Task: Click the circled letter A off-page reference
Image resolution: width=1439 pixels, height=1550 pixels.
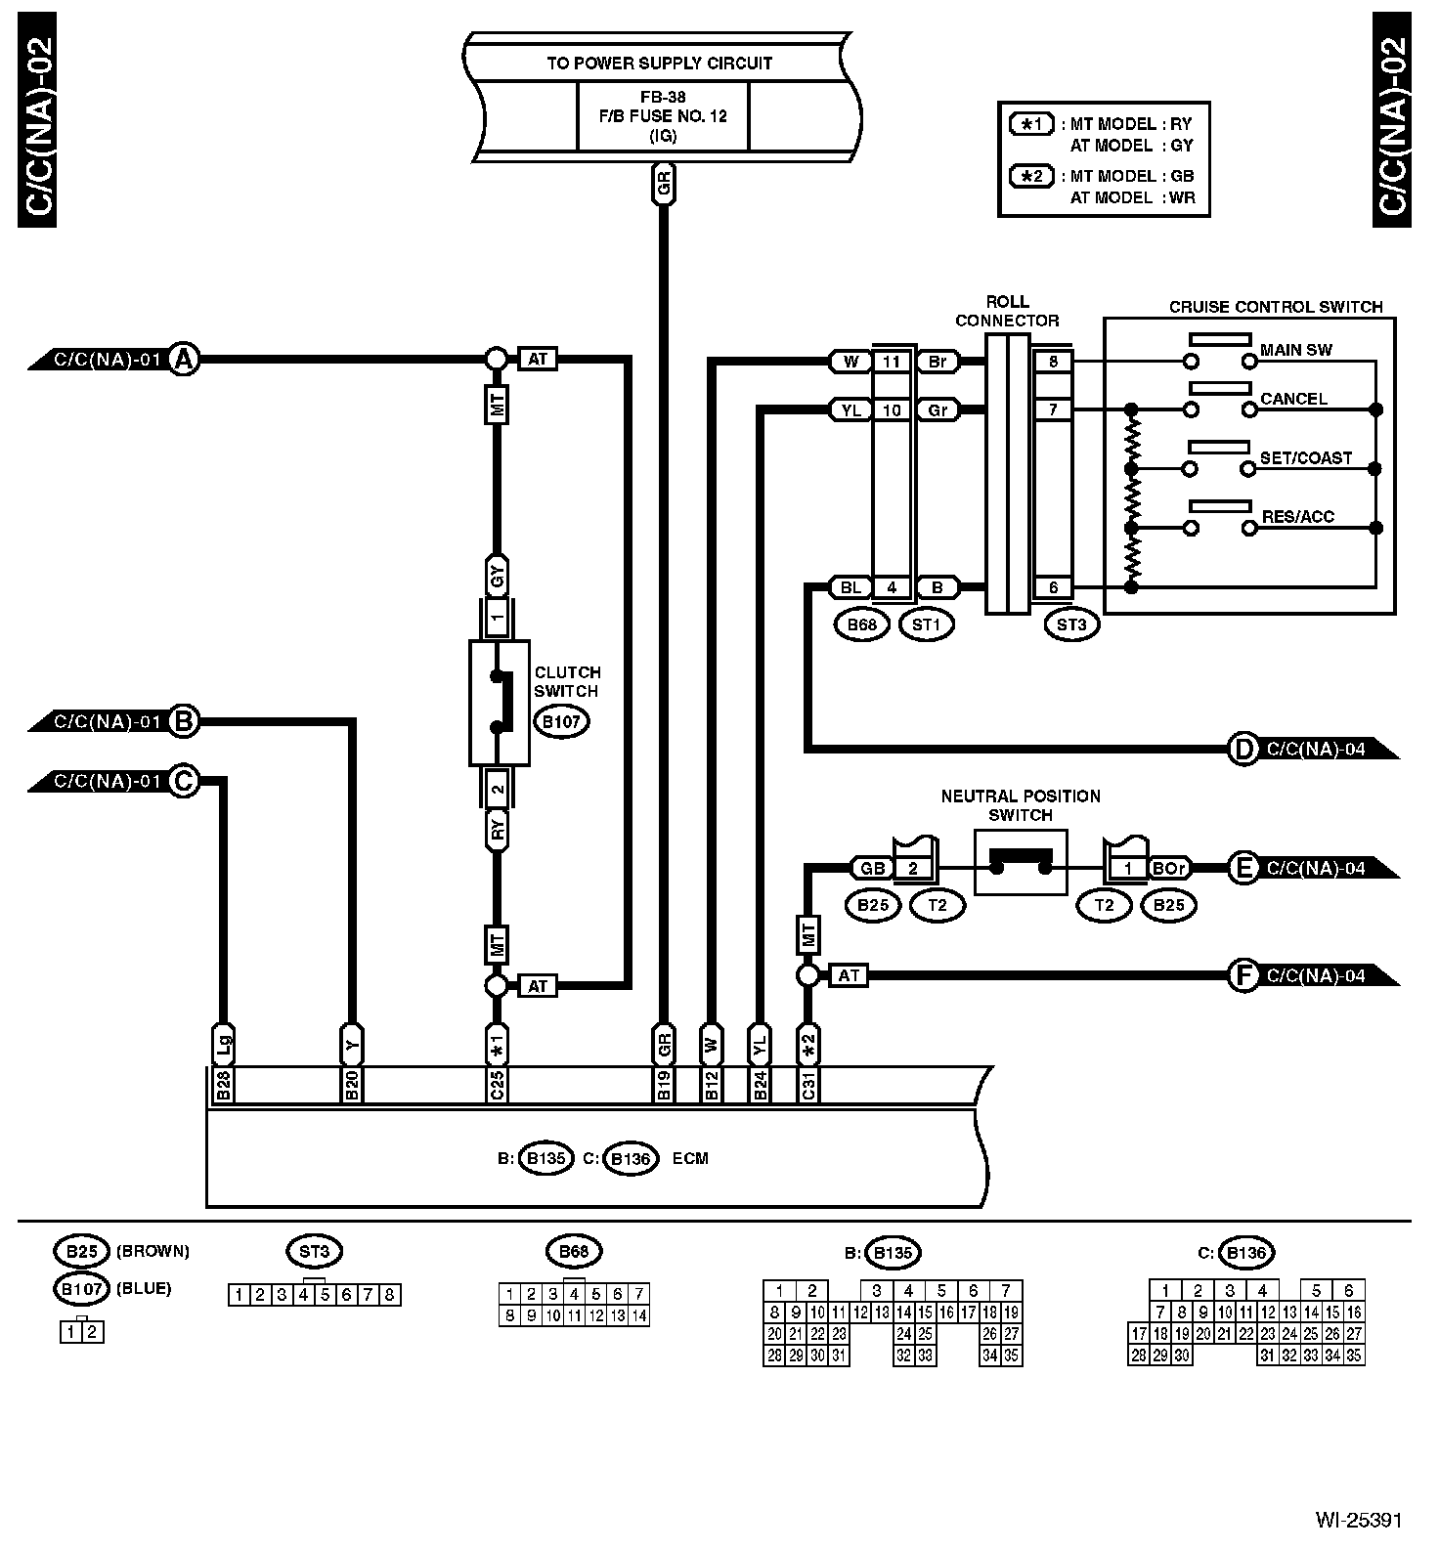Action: pos(183,360)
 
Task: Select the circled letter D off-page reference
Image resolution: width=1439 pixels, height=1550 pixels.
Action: pos(1243,750)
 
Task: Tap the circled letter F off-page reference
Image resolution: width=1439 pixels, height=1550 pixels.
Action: pos(1243,975)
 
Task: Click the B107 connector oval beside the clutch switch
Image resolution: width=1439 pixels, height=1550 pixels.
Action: pos(562,722)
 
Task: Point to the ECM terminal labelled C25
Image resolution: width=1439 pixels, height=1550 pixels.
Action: pos(497,1086)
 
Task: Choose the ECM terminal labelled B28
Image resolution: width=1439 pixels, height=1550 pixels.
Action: pos(223,1086)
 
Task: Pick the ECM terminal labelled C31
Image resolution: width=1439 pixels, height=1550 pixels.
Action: pos(808,1086)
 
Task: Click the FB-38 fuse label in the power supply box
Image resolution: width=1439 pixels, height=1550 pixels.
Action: pos(663,98)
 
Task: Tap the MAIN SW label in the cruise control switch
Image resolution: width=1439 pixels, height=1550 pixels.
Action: pos(1296,350)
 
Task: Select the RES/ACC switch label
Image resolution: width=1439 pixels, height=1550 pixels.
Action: pos(1298,516)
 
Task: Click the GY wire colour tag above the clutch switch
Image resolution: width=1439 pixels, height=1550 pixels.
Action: pos(497,578)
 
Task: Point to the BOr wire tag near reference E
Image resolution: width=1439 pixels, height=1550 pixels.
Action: pos(1169,868)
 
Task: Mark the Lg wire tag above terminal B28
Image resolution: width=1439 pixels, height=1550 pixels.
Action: pos(223,1045)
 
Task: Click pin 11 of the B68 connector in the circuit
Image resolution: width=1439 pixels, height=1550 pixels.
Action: pos(892,362)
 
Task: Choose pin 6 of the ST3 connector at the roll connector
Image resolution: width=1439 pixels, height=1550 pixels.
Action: pos(1053,587)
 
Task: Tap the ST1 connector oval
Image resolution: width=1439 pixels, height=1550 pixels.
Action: pos(926,624)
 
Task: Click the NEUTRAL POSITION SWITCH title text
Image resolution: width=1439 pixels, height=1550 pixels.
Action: pos(1021,805)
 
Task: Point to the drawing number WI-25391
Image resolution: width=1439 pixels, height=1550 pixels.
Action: pos(1358,1521)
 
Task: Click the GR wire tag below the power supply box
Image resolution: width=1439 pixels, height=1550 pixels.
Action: pos(664,184)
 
